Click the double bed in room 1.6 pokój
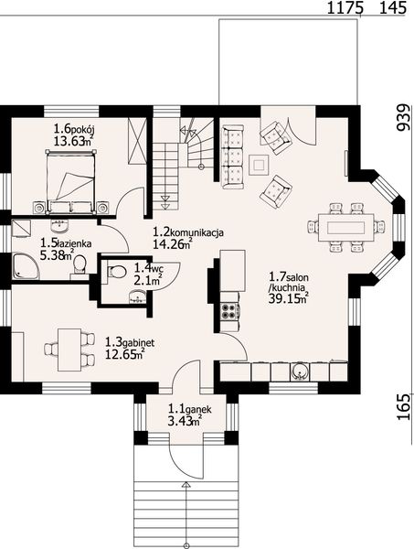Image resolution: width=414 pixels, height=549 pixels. pyautogui.click(x=70, y=181)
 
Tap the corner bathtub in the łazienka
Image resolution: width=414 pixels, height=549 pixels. pyautogui.click(x=26, y=266)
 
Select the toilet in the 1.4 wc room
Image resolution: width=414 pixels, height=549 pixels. pyautogui.click(x=116, y=272)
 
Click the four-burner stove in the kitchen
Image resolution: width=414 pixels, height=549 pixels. pyautogui.click(x=229, y=311)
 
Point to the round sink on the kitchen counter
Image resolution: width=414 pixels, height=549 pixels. pyautogui.click(x=300, y=372)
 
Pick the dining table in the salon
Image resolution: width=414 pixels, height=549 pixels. pyautogui.click(x=345, y=228)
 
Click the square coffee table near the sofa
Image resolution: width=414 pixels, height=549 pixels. pyautogui.click(x=259, y=165)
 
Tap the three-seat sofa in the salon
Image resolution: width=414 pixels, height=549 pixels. pyautogui.click(x=232, y=157)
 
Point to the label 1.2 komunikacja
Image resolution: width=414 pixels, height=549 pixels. pyautogui.click(x=188, y=232)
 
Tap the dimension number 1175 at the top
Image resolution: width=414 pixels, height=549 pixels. pyautogui.click(x=344, y=7)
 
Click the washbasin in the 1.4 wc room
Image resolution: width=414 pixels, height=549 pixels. pyautogui.click(x=137, y=297)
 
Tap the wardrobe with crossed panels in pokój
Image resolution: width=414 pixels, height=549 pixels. pyautogui.click(x=137, y=141)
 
